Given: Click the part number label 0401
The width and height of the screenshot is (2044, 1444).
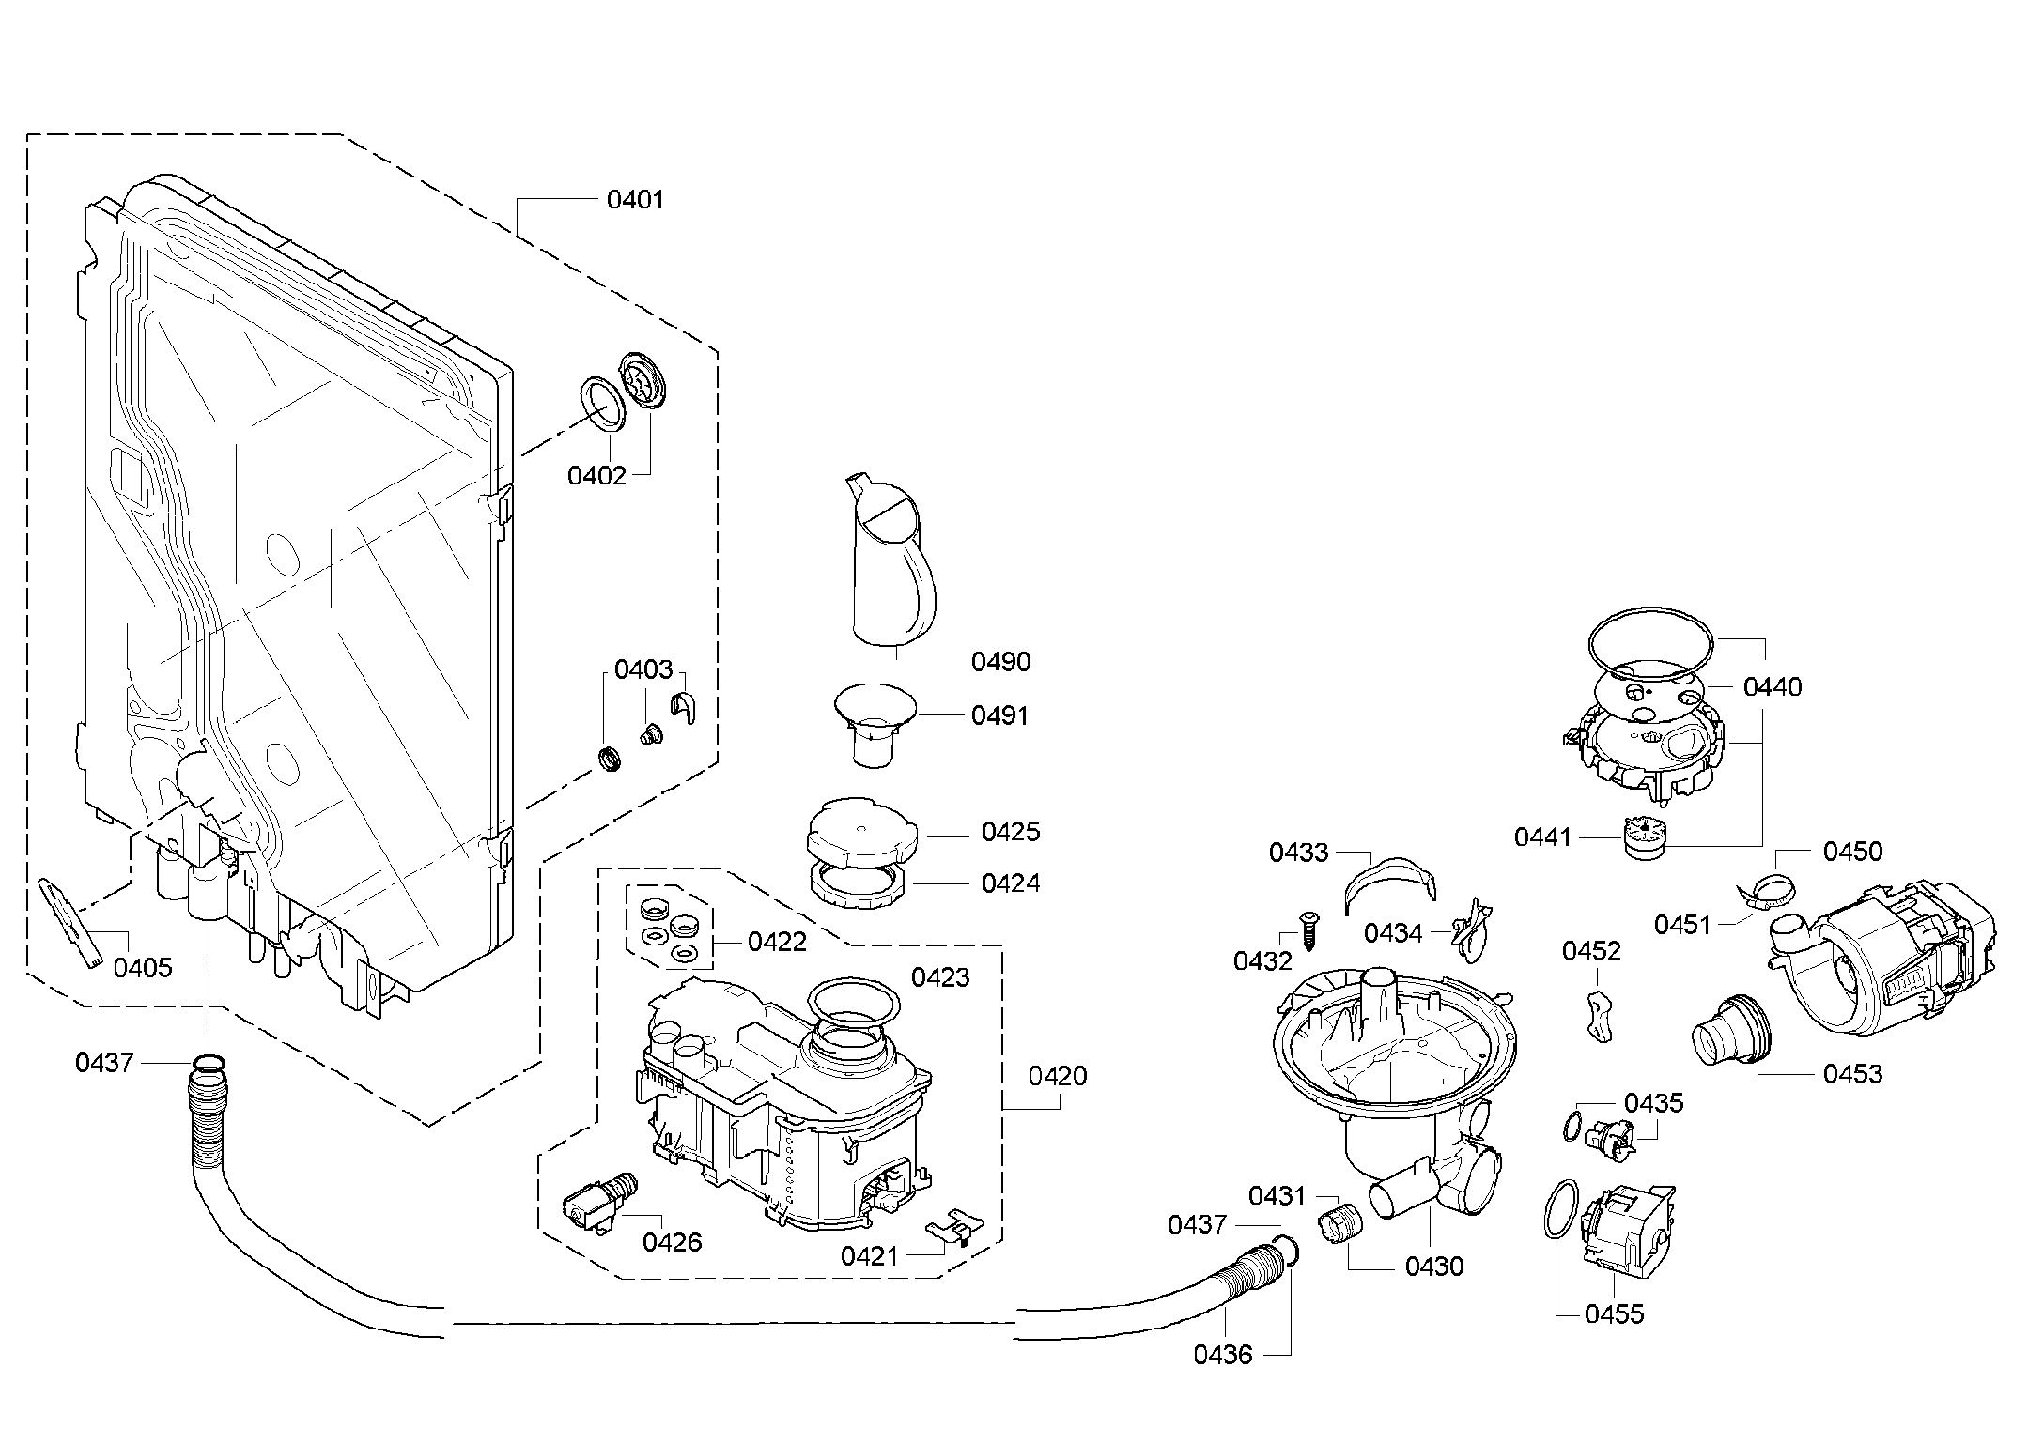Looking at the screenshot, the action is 635,199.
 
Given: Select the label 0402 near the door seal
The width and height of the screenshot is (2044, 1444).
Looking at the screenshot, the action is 596,475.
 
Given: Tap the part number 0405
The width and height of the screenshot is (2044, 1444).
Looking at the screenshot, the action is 143,967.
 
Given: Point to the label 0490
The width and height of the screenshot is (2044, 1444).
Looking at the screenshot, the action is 1000,662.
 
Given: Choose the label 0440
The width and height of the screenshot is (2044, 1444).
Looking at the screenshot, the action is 1772,687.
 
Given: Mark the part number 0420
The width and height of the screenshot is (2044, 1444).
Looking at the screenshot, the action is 1057,1076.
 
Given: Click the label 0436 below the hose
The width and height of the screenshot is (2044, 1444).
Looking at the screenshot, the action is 1223,1355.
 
